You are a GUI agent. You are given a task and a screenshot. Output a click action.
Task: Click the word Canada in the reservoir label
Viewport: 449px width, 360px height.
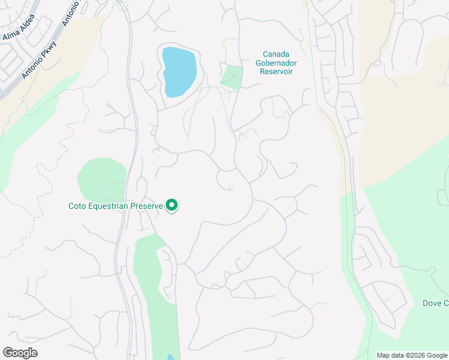277,54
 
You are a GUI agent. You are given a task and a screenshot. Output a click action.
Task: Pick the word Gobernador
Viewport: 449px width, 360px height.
277,63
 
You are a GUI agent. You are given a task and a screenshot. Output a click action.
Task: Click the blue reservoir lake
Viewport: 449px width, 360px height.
179,71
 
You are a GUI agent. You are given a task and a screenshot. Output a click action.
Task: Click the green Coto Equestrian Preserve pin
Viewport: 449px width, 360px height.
172,206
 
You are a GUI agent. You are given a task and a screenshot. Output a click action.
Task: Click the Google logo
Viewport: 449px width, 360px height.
20,353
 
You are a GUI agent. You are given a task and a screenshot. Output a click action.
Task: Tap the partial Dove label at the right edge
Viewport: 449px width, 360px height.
436,304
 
